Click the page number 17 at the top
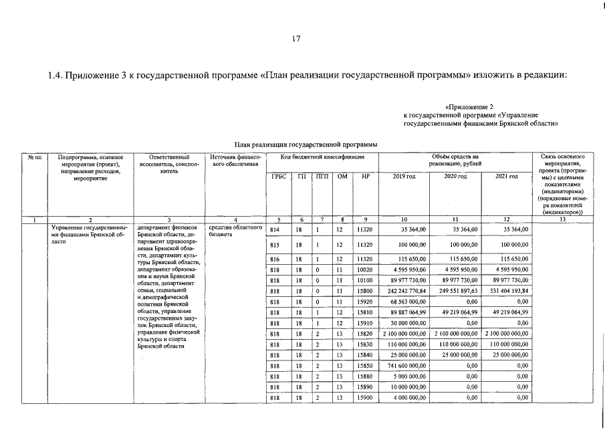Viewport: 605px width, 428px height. [297, 38]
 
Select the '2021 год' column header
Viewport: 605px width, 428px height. [506, 176]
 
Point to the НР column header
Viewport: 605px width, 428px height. [364, 176]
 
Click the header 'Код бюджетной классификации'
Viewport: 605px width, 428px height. [322, 156]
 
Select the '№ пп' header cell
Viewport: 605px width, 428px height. [35, 156]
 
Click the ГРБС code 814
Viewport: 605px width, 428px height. [274, 229]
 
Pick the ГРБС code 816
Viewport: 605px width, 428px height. [274, 259]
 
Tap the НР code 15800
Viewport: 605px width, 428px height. [364, 291]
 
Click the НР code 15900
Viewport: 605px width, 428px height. [364, 398]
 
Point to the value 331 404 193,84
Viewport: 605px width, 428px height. [506, 291]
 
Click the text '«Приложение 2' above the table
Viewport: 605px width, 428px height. [469, 107]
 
